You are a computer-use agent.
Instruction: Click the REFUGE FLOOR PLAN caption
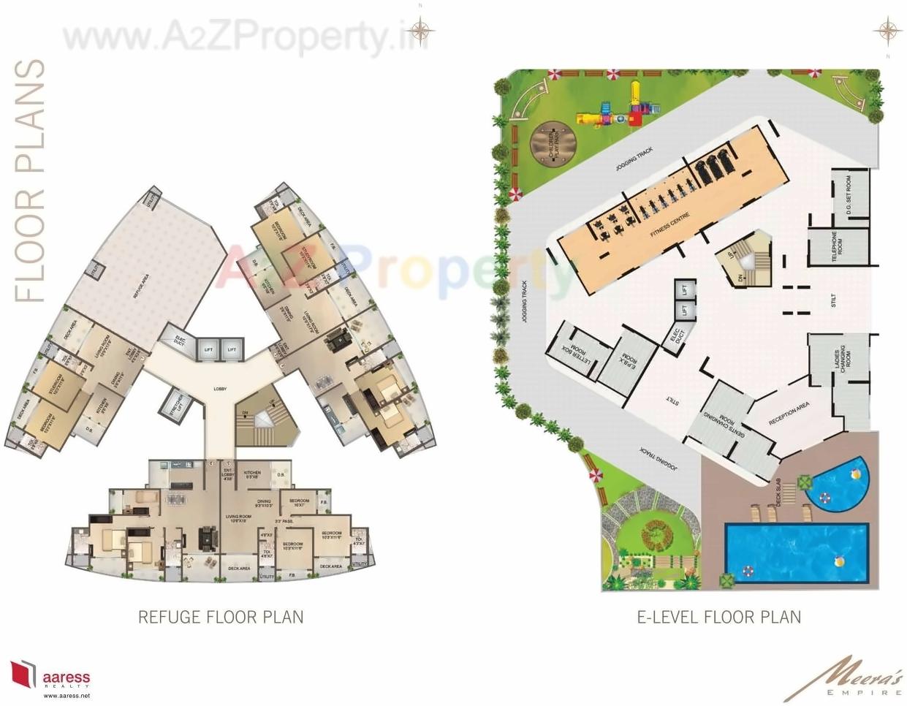click(221, 618)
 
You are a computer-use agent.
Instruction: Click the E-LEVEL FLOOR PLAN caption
click(719, 618)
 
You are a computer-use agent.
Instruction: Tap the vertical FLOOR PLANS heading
click(31, 181)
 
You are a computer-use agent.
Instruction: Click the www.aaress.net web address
click(66, 696)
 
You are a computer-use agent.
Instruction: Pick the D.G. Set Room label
click(849, 192)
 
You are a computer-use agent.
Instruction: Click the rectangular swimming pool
click(795, 552)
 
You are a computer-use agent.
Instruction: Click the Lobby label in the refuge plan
click(219, 389)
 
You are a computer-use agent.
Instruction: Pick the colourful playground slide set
click(618, 108)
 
